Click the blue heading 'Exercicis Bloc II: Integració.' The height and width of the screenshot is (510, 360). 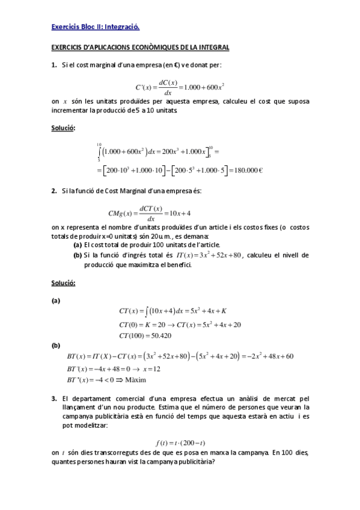96,27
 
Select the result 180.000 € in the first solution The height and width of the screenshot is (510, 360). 244,170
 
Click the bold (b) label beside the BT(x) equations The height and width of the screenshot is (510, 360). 56,346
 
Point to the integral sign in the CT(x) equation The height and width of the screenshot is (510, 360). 147,311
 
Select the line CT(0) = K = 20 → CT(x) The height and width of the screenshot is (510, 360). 180,324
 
